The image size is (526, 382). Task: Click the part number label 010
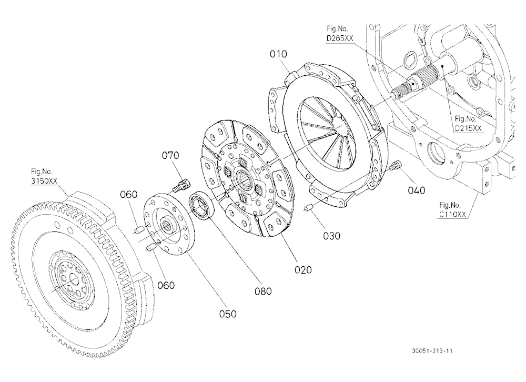tap(278, 54)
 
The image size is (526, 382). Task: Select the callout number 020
tap(303, 269)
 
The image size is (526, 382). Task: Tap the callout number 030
tap(331, 236)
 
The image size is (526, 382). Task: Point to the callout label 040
tap(416, 190)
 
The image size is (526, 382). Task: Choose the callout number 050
tap(228, 314)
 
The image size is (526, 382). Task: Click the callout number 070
tap(170, 155)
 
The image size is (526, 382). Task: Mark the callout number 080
tap(263, 291)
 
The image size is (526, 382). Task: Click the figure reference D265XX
tap(340, 38)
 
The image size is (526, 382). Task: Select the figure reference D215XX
tap(468, 128)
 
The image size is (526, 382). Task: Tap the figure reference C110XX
tap(452, 215)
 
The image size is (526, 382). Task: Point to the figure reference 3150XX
tap(44, 181)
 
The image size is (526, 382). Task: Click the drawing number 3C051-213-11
tap(432, 351)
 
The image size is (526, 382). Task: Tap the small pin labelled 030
tap(308, 208)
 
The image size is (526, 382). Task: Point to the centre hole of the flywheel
tap(73, 279)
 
